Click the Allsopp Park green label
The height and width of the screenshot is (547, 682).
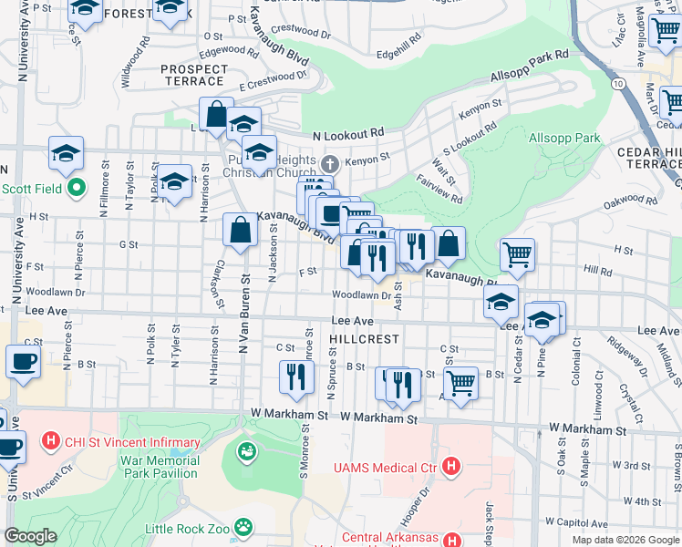coord(564,138)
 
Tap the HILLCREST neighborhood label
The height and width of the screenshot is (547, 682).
coord(365,338)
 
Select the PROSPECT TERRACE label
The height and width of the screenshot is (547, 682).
coord(192,75)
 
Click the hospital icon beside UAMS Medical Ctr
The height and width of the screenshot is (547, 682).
coord(449,467)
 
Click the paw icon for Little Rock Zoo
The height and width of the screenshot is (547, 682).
coord(243,526)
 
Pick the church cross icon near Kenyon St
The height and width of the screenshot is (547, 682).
coord(330,164)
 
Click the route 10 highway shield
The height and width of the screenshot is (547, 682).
coord(618,84)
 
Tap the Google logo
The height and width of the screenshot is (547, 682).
coord(30,536)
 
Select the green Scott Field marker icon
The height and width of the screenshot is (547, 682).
coord(77,189)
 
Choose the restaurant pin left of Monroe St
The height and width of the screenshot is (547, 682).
coord(295,377)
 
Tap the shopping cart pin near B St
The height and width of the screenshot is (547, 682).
coord(461,383)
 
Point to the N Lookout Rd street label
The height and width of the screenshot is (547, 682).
coord(347,135)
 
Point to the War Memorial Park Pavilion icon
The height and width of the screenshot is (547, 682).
coord(246,450)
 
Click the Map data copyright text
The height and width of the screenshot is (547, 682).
coord(625,540)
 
